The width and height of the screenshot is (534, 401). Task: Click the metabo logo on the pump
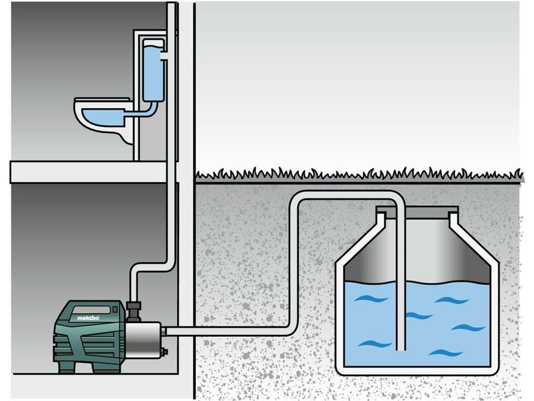point(88,318)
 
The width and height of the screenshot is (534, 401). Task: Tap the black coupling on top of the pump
point(133,312)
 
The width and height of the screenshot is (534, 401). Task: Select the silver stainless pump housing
point(143,340)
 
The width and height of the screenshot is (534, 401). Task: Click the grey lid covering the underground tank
point(417,212)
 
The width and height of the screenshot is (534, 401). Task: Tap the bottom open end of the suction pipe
point(401,349)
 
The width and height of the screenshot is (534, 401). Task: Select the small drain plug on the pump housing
point(165,351)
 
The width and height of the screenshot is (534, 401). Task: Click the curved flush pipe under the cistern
point(147,110)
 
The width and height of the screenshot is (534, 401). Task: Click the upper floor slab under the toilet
point(89,172)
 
